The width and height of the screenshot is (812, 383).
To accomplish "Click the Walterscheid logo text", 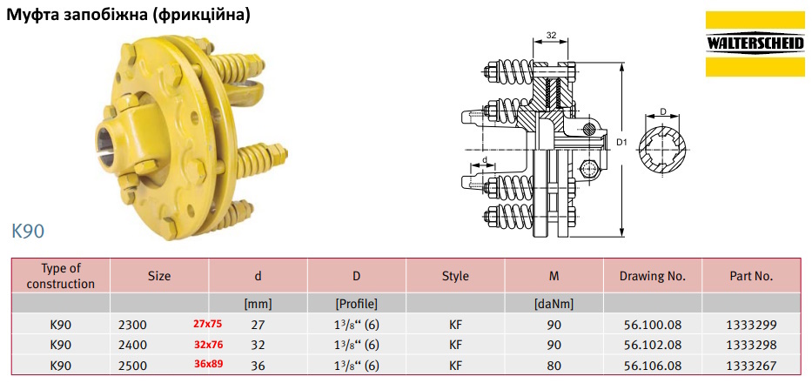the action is pyautogui.click(x=755, y=44).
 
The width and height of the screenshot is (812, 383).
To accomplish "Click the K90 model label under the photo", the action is pyautogui.click(x=28, y=232).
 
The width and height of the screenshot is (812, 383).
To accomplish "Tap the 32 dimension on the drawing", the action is pyautogui.click(x=551, y=35).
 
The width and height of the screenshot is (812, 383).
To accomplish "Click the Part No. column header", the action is pyautogui.click(x=751, y=276).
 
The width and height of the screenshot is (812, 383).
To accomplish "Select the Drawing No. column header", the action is pyautogui.click(x=653, y=276).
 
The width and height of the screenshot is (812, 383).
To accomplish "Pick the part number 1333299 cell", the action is pyautogui.click(x=751, y=326).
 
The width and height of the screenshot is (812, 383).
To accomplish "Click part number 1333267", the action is pyautogui.click(x=751, y=366).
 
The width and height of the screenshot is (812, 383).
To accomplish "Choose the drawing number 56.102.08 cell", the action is pyautogui.click(x=653, y=346).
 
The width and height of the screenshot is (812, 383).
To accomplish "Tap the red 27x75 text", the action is pyautogui.click(x=207, y=325).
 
